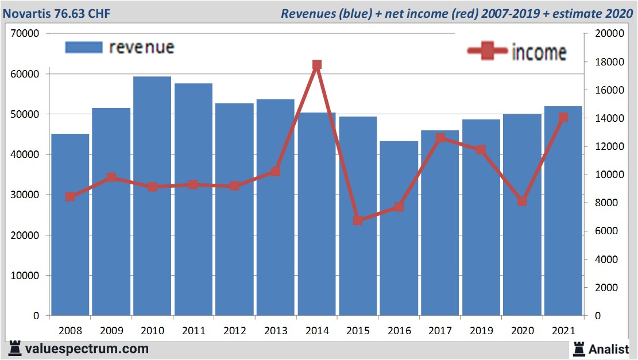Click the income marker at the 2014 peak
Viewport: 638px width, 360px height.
point(317,65)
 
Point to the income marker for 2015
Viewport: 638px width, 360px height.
point(358,220)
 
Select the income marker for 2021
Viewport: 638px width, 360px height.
point(563,117)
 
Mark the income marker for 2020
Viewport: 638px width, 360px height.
point(522,201)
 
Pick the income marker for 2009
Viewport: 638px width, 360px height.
point(112,177)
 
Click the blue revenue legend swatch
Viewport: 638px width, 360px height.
point(83,47)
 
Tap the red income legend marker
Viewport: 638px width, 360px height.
point(487,52)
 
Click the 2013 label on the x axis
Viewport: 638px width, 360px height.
point(276,331)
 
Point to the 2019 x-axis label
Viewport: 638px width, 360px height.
point(481,331)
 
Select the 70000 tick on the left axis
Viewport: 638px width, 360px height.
point(25,33)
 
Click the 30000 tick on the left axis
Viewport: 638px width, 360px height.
point(25,195)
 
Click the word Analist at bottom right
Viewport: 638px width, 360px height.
point(608,349)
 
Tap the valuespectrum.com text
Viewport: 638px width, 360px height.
point(87,349)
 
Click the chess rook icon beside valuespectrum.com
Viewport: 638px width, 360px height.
point(15,349)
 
